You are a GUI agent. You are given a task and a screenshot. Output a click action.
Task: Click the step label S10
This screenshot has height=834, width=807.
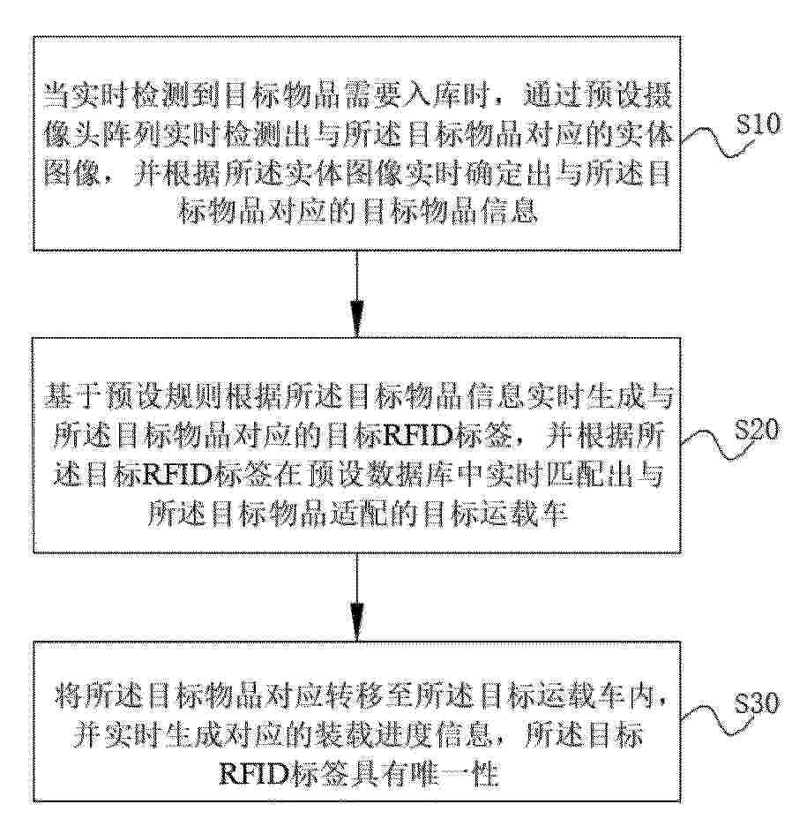(758, 124)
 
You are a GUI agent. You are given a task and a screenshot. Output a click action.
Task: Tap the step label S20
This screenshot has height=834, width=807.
(758, 430)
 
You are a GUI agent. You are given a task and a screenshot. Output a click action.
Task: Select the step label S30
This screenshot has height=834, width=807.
(758, 703)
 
